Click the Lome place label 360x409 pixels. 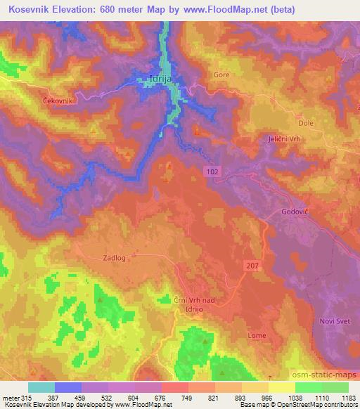click(257, 336)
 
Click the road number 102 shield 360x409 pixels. click(212, 171)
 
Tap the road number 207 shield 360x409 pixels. click(252, 264)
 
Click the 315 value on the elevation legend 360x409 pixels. click(22, 397)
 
